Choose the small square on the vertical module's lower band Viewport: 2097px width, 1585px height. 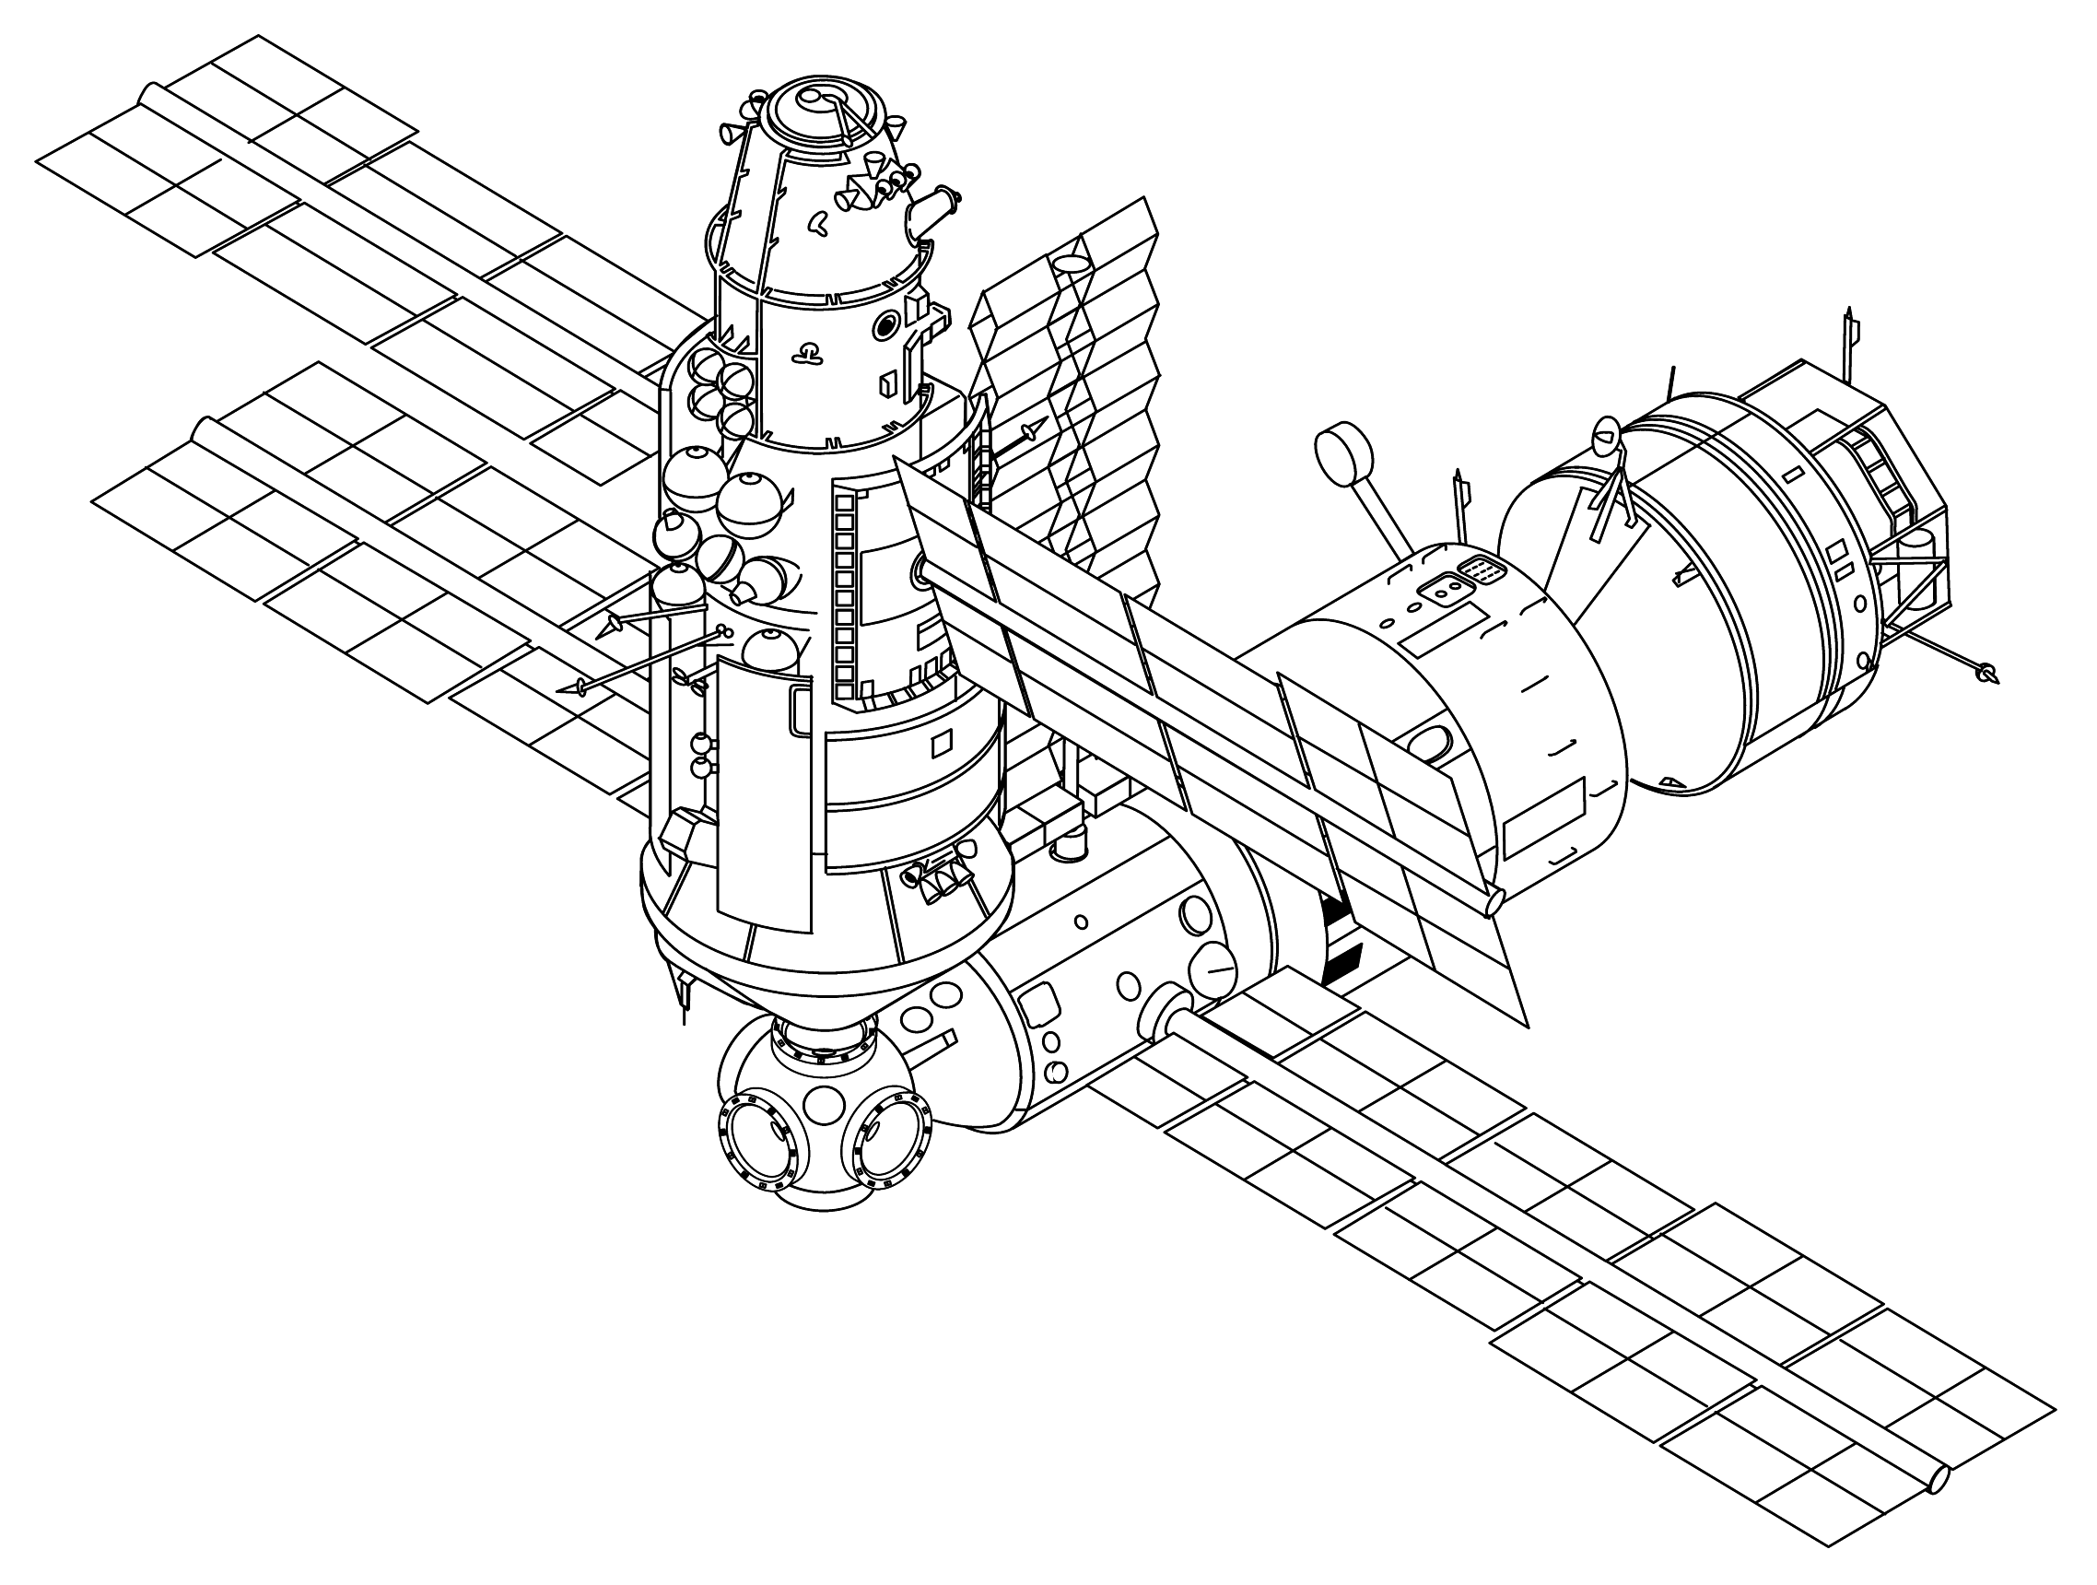click(942, 745)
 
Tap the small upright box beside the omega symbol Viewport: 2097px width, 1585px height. click(885, 382)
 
